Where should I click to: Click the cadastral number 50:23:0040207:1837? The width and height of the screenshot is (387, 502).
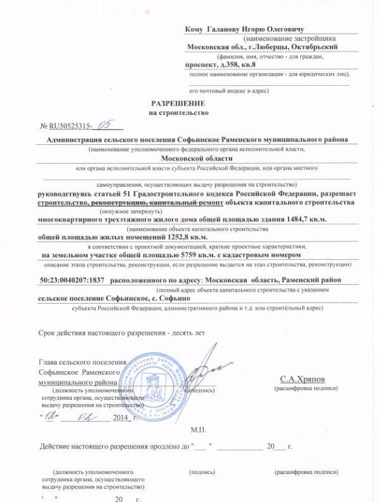(x=72, y=279)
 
